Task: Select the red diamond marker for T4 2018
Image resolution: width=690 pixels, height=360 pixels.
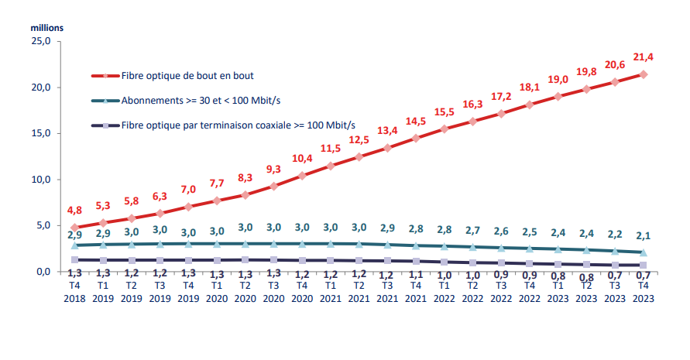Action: click(74, 228)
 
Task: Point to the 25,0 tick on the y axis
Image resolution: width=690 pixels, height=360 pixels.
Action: click(40, 41)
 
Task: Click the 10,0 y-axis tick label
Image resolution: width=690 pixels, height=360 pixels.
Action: click(40, 180)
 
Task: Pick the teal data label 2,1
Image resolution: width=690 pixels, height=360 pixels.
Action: click(644, 236)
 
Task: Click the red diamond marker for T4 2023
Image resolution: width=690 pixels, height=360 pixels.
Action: click(644, 74)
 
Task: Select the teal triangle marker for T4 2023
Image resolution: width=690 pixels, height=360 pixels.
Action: click(644, 252)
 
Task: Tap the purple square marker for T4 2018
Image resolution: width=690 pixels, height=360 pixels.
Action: click(74, 260)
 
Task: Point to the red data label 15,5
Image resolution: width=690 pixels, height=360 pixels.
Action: click(445, 111)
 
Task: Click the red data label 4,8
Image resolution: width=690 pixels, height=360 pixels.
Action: click(75, 210)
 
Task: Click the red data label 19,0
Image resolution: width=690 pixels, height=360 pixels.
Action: click(558, 79)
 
